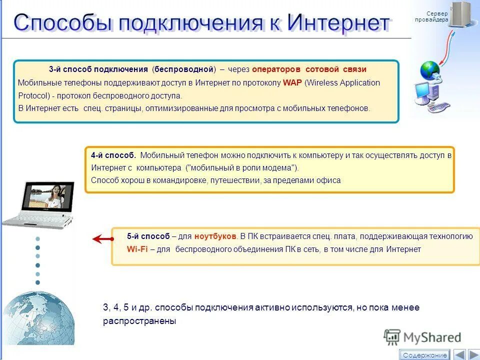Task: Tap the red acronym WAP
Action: (292, 83)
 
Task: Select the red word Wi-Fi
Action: (137, 249)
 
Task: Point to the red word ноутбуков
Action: (215, 236)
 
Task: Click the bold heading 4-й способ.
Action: (113, 155)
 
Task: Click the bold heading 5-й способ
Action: (148, 236)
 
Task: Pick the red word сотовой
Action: (322, 69)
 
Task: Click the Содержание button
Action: (425, 355)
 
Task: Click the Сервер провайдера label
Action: (431, 16)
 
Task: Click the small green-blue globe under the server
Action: (429, 70)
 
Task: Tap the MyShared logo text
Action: (432, 337)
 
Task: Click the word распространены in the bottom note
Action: (139, 321)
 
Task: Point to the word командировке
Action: (175, 180)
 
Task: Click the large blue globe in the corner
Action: (37, 320)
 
